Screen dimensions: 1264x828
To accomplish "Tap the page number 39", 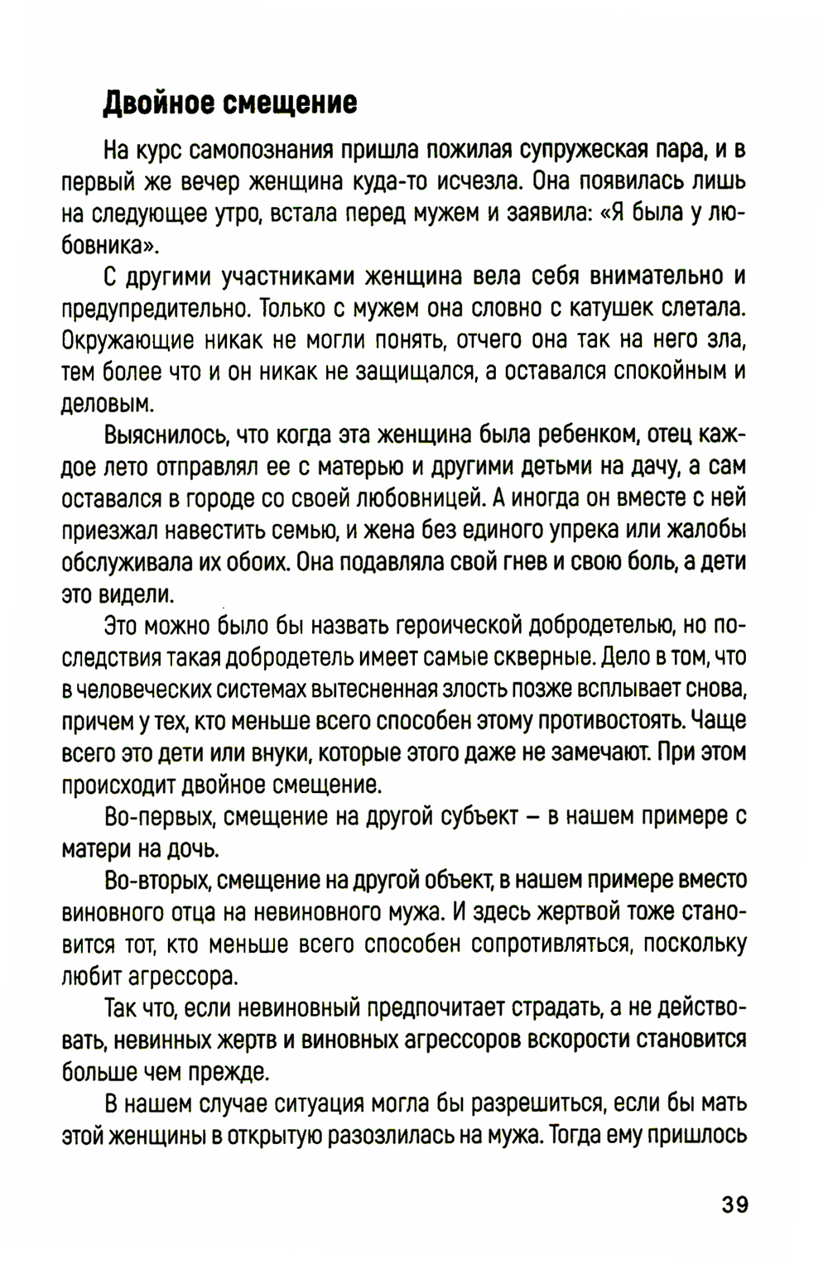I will (734, 1204).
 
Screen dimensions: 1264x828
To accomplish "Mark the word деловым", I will (108, 404).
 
